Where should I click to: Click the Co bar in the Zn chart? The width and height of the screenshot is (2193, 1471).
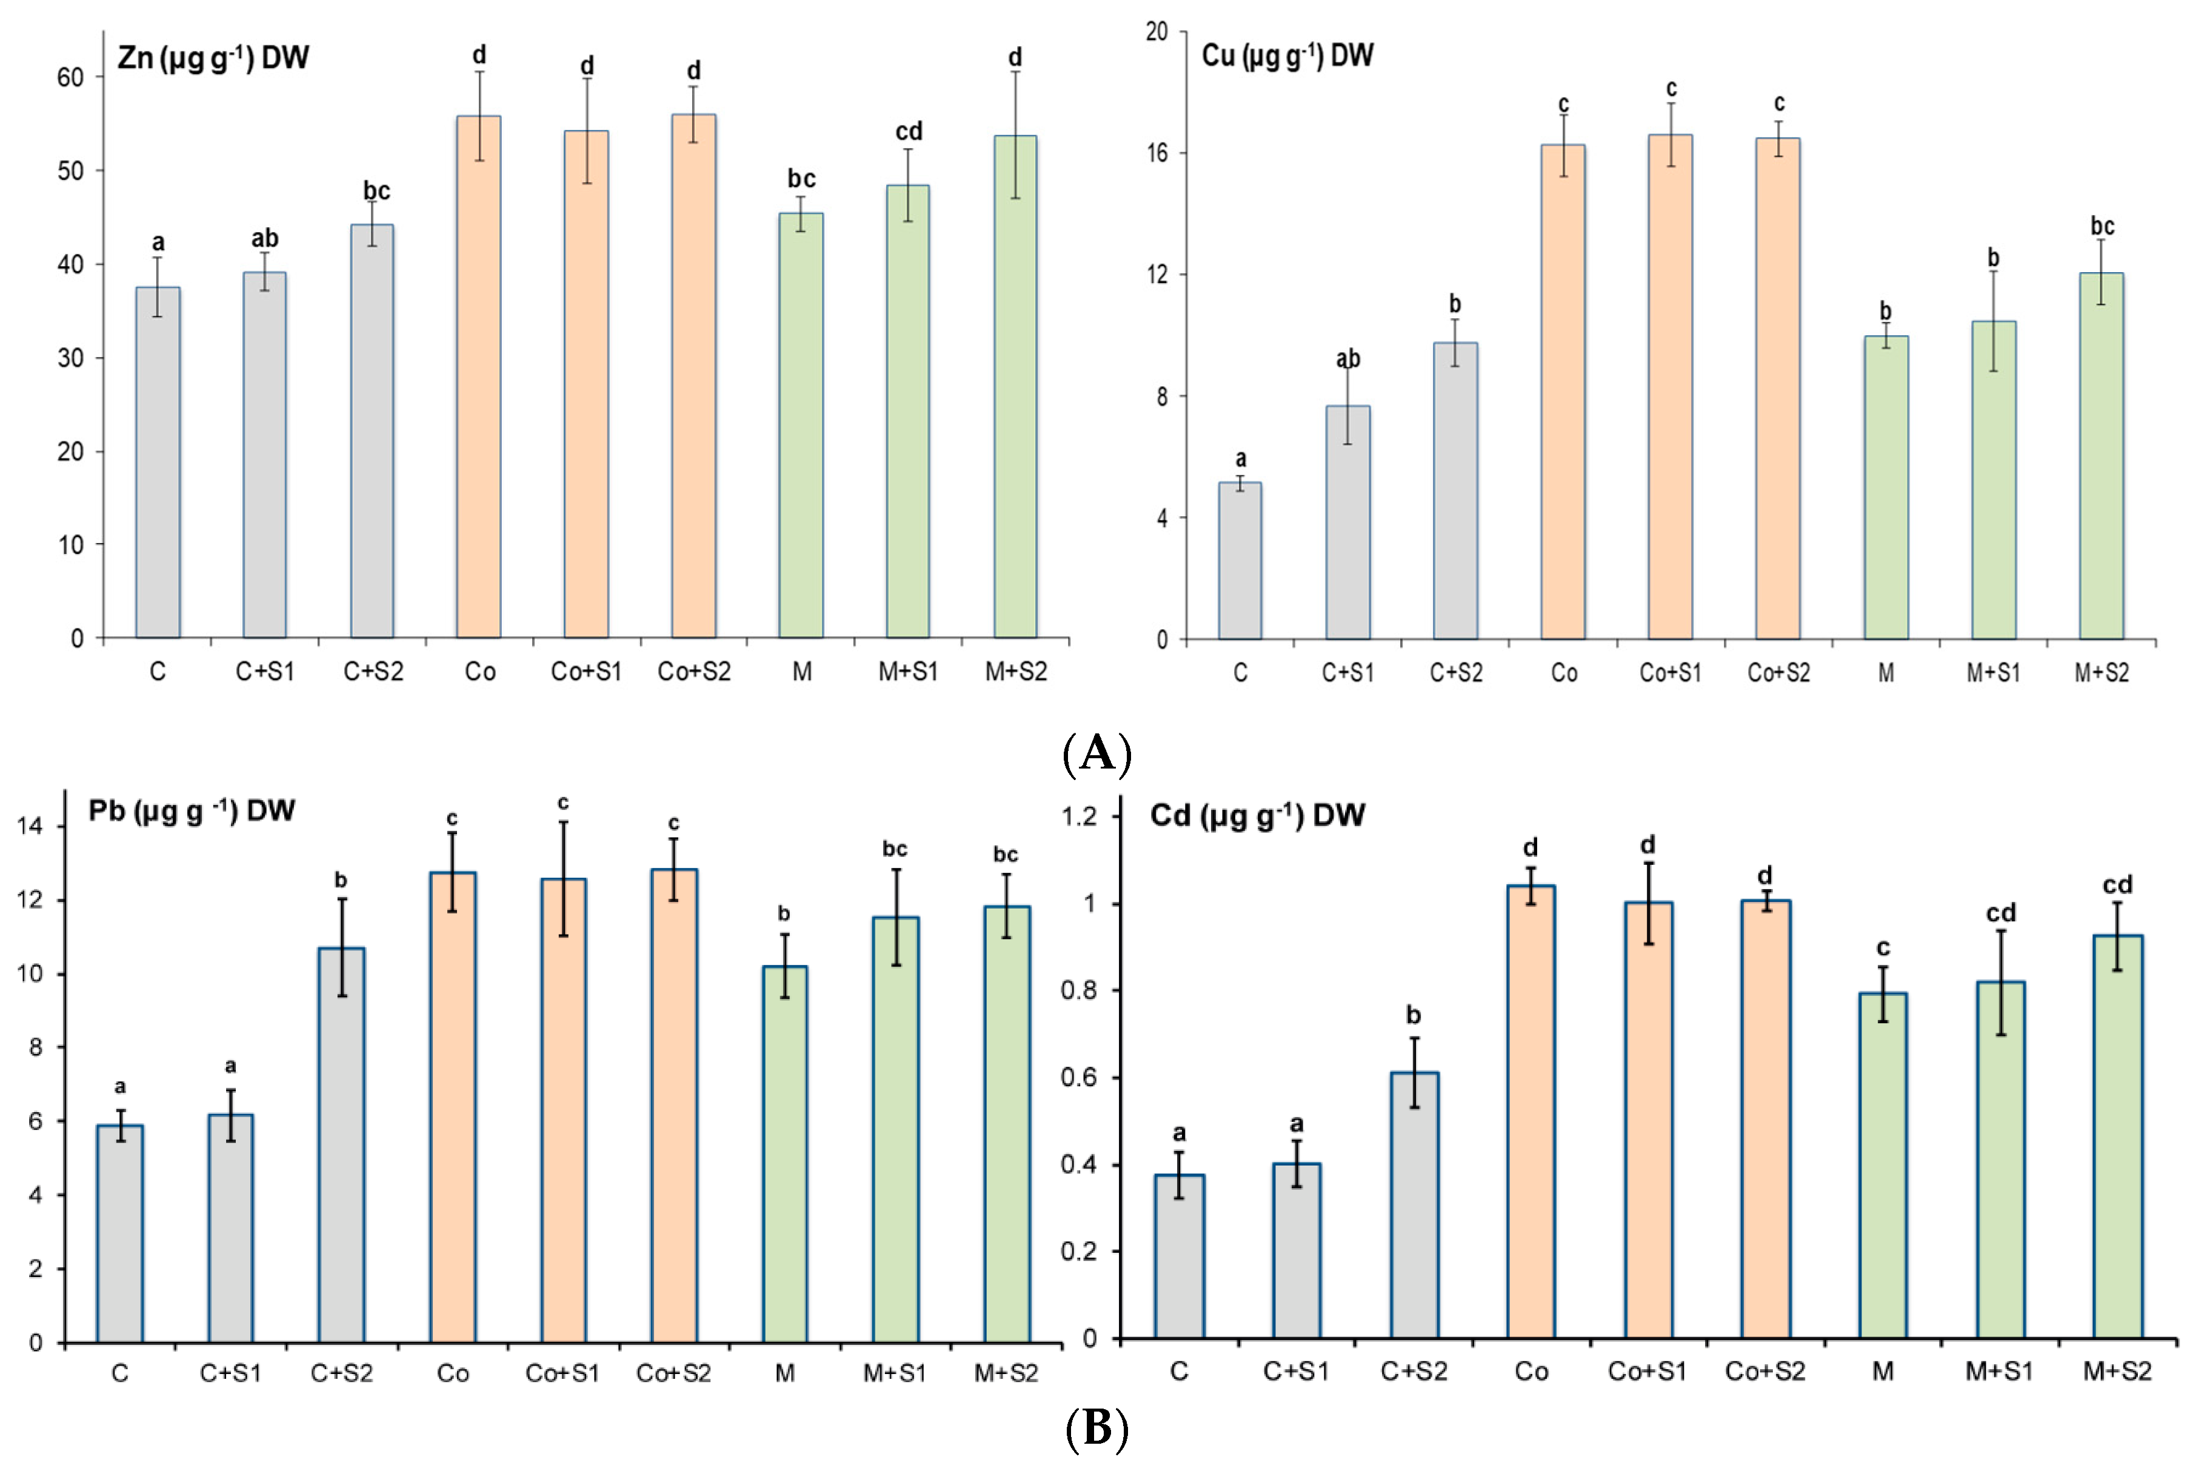tap(478, 375)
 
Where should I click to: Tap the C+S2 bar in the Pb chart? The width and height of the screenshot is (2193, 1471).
tap(341, 1144)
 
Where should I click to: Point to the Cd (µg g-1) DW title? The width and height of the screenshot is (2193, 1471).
tap(1257, 815)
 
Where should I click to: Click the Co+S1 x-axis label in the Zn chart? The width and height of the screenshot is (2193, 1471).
tap(586, 672)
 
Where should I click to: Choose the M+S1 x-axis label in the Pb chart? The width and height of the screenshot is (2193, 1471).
tap(894, 1373)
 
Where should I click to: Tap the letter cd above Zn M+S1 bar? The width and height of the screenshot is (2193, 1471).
tap(908, 132)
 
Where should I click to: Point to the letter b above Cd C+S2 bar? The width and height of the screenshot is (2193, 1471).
tap(1414, 1015)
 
